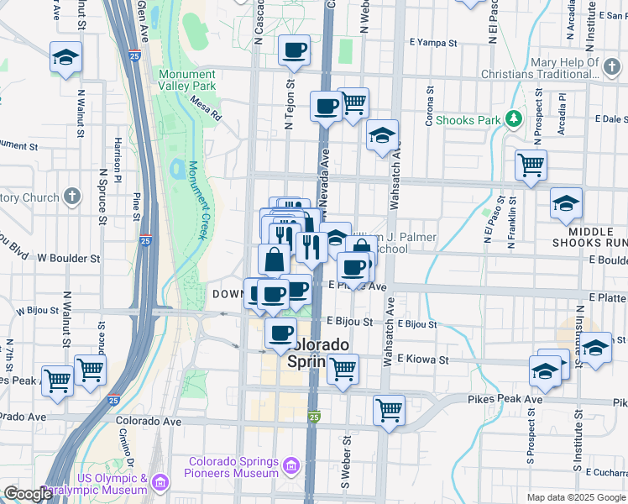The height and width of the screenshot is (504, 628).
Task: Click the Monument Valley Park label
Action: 186,80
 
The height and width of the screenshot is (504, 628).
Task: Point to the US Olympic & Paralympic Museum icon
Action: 161,482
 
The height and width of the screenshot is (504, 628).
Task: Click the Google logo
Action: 28,494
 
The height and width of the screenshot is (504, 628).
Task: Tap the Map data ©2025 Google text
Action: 576,497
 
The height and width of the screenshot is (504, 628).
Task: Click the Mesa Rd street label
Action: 205,108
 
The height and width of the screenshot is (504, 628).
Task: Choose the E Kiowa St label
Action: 424,360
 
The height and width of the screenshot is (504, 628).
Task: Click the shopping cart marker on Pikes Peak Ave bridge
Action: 389,411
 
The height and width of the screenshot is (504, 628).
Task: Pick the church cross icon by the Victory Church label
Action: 72,197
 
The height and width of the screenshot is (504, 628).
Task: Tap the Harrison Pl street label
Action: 118,162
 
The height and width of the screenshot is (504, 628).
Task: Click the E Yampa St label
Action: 432,41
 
